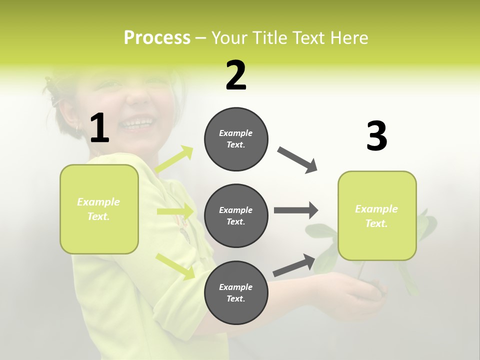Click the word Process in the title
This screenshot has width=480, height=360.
tap(157, 38)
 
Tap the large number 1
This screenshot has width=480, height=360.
tap(99, 128)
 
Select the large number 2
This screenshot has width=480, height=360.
tap(236, 75)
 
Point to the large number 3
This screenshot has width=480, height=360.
tap(376, 136)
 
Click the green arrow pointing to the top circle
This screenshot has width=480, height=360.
tap(174, 159)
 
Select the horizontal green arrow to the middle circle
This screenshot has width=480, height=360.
tap(175, 211)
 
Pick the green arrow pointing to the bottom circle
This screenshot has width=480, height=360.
tap(175, 266)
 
